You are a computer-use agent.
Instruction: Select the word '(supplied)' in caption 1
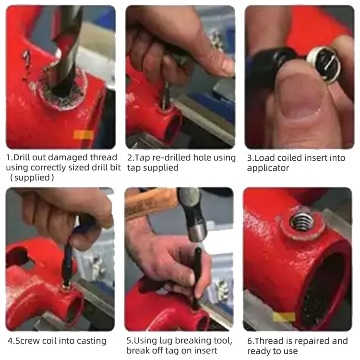coord(32,178)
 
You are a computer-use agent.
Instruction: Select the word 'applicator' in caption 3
coord(268,168)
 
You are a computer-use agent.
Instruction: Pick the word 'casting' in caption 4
coord(90,341)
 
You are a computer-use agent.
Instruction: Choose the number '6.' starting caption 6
coord(251,341)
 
